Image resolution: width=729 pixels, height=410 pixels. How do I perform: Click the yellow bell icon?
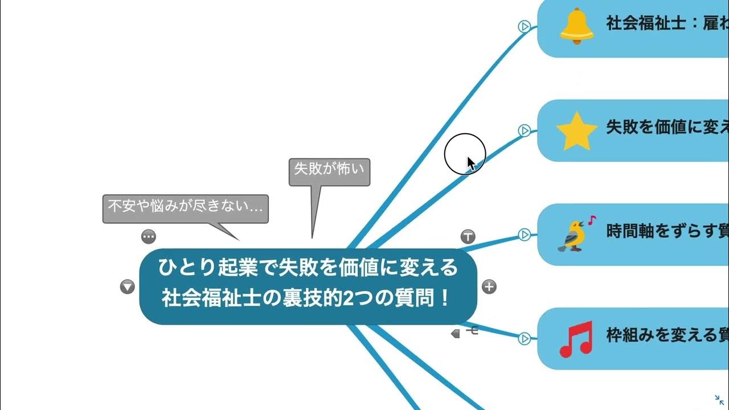[576, 26]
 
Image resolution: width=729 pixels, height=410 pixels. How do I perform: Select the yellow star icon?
[576, 131]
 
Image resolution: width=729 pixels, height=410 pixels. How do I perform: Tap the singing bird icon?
[575, 234]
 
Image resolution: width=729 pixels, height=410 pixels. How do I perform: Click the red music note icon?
[576, 339]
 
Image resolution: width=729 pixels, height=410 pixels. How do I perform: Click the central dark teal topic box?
[308, 286]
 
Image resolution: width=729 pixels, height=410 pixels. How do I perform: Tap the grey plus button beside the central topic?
[489, 286]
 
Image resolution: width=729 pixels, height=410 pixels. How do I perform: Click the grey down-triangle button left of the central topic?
[127, 287]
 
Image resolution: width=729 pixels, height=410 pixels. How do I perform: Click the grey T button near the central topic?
[468, 236]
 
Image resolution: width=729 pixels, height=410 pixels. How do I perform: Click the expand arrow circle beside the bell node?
[525, 26]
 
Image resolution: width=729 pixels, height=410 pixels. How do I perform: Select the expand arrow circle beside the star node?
[525, 131]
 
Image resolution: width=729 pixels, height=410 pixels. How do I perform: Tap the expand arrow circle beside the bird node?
[525, 234]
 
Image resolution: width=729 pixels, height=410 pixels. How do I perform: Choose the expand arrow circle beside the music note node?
[525, 339]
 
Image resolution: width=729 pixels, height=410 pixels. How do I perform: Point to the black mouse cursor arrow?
[470, 163]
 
